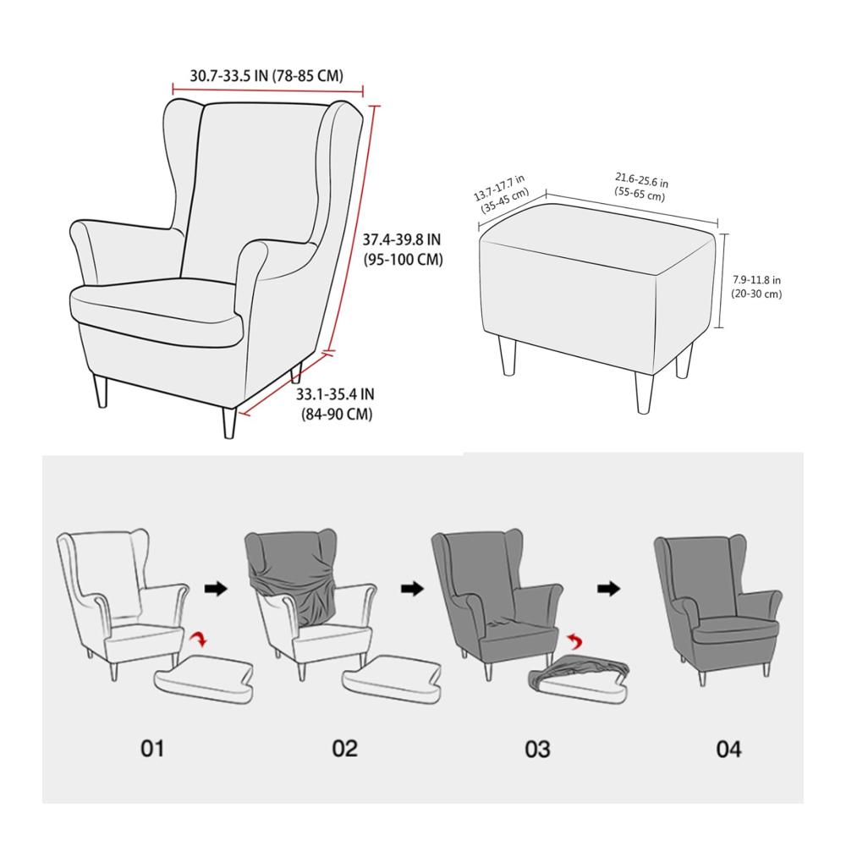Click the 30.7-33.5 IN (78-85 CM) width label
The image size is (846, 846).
[x=266, y=75]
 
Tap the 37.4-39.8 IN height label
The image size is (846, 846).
[x=403, y=250]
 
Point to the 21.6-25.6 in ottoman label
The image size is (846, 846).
[x=641, y=187]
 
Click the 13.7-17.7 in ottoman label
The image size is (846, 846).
[x=501, y=194]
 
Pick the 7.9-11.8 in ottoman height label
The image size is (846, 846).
[x=756, y=287]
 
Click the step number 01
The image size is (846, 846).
[x=152, y=749]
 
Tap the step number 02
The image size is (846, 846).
[x=345, y=749]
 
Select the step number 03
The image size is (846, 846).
[x=537, y=749]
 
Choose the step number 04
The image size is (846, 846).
[x=728, y=749]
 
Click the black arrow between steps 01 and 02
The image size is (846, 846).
[x=216, y=589]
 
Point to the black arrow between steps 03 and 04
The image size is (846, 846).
[x=608, y=589]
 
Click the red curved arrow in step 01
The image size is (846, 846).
[x=201, y=639]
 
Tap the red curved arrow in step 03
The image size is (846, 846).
[x=574, y=641]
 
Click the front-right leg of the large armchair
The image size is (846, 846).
[x=229, y=422]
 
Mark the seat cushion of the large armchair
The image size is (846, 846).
[x=157, y=310]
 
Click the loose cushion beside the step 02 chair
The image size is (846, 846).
[x=393, y=678]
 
